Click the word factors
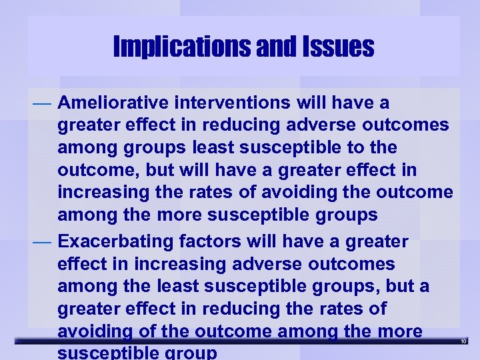(x=213, y=239)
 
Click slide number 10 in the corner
(x=465, y=341)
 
